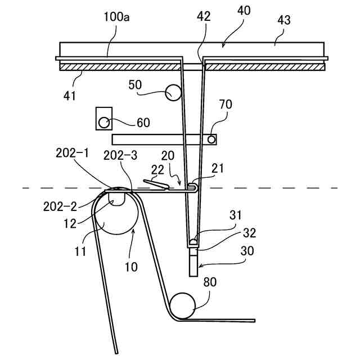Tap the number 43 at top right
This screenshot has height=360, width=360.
pos(284,20)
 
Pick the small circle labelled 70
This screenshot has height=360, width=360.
pos(211,138)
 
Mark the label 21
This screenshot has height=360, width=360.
pos(218,168)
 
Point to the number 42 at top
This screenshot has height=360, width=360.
pos(204,16)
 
